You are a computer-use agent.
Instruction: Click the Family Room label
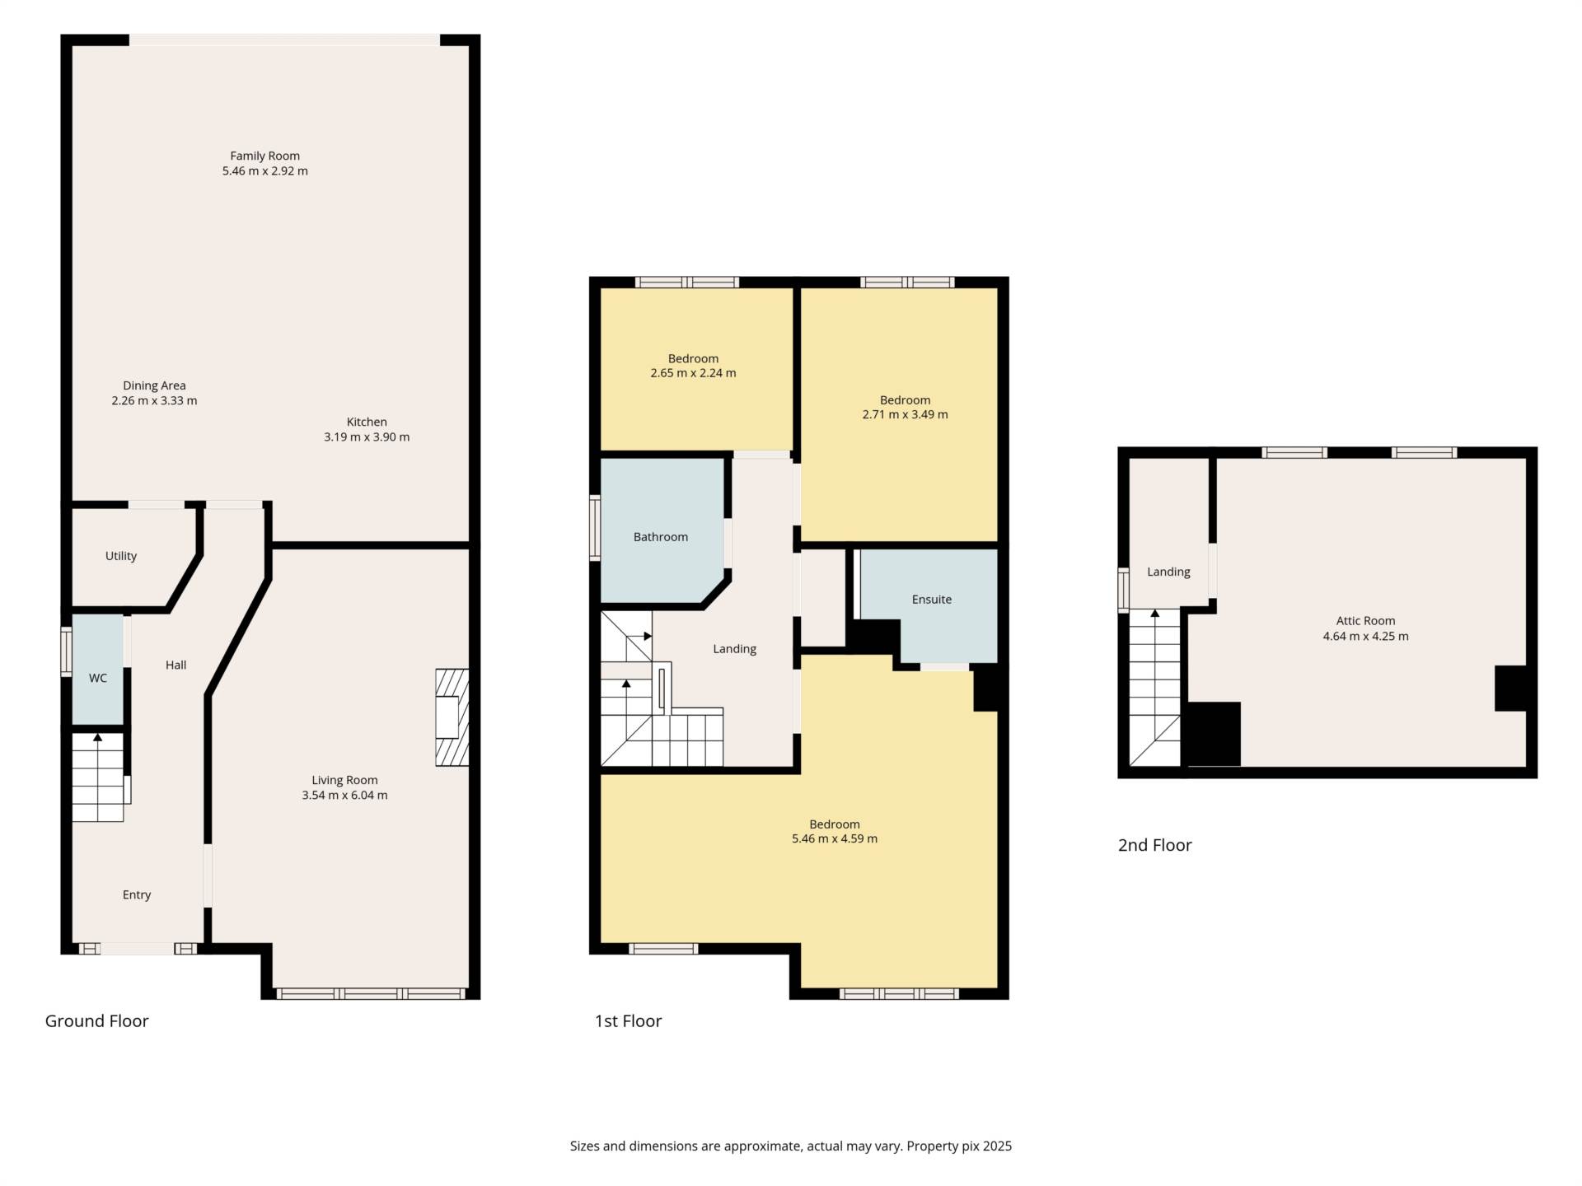264,156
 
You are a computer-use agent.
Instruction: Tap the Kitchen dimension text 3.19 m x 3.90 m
367,437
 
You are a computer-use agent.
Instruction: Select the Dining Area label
154,385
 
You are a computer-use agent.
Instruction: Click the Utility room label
121,556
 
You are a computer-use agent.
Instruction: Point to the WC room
98,669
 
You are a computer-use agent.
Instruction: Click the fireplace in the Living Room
452,717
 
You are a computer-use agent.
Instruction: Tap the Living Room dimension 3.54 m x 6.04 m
344,796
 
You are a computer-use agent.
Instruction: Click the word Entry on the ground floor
137,894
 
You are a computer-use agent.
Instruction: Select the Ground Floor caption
96,1021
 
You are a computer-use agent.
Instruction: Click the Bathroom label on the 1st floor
661,537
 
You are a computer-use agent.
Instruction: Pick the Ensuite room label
932,600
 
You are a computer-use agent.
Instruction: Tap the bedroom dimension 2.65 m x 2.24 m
693,373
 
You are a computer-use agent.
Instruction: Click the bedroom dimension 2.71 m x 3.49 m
905,415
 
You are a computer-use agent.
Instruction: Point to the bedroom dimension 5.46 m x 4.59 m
835,839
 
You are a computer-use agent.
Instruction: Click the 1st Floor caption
628,1021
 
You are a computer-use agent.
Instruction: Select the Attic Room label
1365,621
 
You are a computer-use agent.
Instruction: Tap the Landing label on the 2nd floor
1168,572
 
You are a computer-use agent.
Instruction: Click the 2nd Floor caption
1154,845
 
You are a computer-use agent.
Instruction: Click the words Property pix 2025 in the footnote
959,1146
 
